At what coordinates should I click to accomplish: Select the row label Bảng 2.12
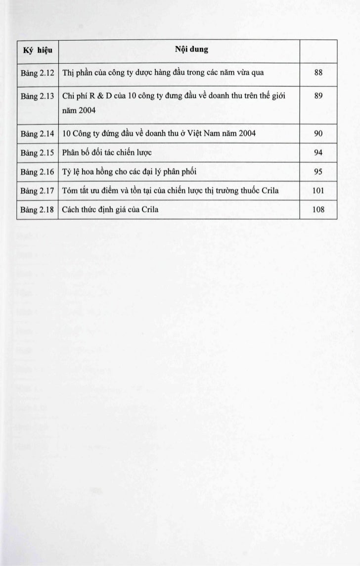coord(38,73)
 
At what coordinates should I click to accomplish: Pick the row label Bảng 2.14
coord(38,133)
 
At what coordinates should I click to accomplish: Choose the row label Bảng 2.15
coord(38,152)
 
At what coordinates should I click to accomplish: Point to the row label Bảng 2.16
coord(38,172)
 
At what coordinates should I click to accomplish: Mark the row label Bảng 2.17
coord(38,190)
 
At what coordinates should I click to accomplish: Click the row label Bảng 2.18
coord(38,209)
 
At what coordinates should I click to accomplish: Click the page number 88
coord(318,73)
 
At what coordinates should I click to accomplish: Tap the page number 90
coord(318,133)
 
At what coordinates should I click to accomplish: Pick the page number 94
coord(318,152)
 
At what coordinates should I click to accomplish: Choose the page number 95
coord(318,172)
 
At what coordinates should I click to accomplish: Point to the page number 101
coord(318,190)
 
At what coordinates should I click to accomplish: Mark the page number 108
coord(318,209)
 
